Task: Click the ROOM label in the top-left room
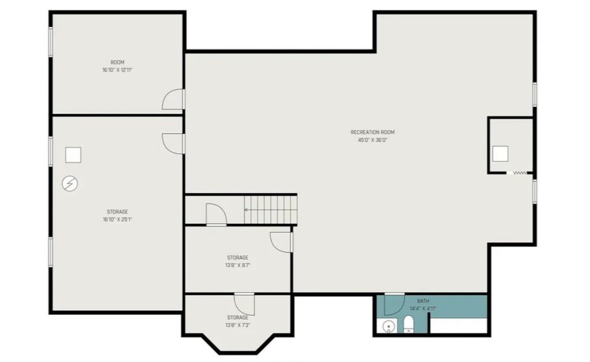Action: point(118,62)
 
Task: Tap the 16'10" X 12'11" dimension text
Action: point(118,70)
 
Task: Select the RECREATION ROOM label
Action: point(373,132)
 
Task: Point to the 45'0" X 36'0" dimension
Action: point(373,140)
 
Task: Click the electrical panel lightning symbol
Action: point(70,184)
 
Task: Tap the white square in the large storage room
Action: point(73,154)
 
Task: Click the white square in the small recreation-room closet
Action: point(500,153)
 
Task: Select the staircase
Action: point(270,209)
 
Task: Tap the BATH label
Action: point(423,301)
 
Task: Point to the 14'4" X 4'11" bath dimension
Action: point(423,308)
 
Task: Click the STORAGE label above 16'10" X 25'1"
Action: point(118,212)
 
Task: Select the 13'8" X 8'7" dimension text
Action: point(237,265)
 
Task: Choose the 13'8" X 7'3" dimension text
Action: point(237,325)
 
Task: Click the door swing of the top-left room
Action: point(173,100)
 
